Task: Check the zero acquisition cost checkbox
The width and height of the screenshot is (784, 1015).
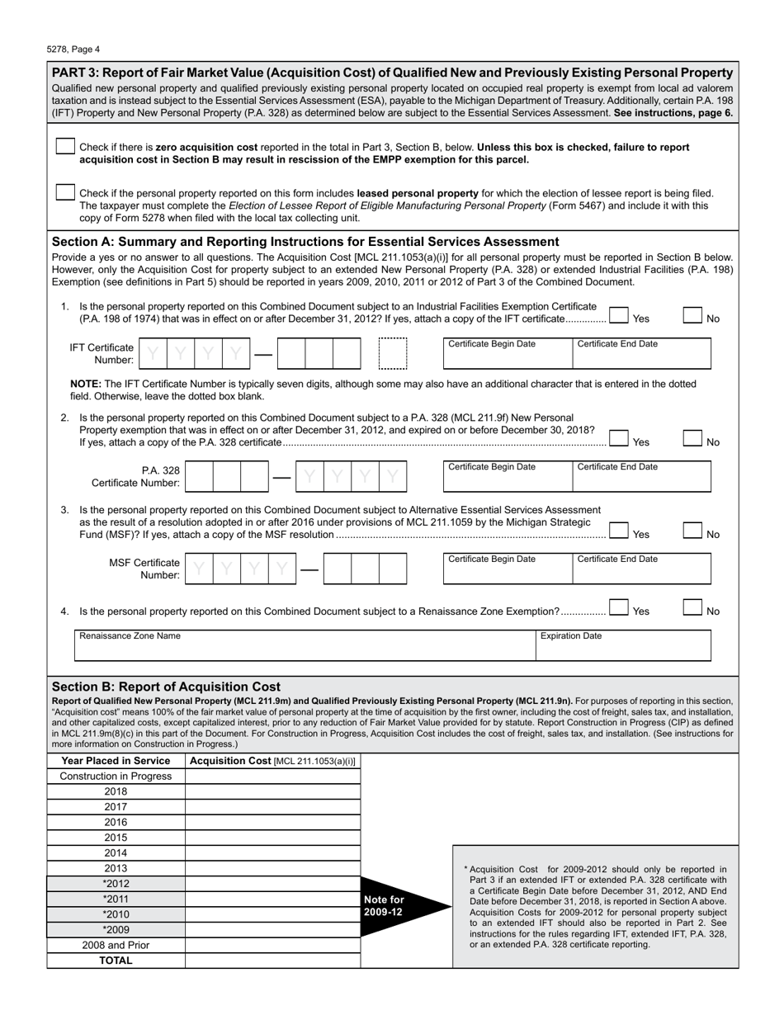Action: (x=65, y=147)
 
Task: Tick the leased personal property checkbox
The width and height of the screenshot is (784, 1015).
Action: (x=65, y=192)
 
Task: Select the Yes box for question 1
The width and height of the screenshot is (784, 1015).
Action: (x=618, y=315)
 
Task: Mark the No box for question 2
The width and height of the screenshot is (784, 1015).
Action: (x=693, y=438)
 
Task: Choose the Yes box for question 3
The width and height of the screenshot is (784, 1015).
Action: (x=618, y=531)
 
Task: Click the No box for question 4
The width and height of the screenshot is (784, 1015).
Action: (x=693, y=607)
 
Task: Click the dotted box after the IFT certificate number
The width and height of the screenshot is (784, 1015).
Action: (x=393, y=353)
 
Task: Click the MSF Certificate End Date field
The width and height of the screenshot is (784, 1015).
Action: (x=641, y=569)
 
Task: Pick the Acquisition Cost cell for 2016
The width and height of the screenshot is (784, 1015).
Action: (x=273, y=822)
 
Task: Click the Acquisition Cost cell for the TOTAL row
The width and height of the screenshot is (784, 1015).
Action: (x=273, y=961)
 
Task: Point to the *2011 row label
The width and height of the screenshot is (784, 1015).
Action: (x=116, y=899)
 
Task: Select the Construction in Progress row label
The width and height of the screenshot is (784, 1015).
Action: (x=116, y=777)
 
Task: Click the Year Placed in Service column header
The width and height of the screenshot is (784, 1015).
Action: (x=116, y=761)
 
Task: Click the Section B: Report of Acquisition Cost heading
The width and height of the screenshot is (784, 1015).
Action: (x=166, y=687)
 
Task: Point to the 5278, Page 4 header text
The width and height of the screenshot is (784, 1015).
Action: (x=73, y=49)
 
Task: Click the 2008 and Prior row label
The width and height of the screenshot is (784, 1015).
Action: (x=116, y=946)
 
